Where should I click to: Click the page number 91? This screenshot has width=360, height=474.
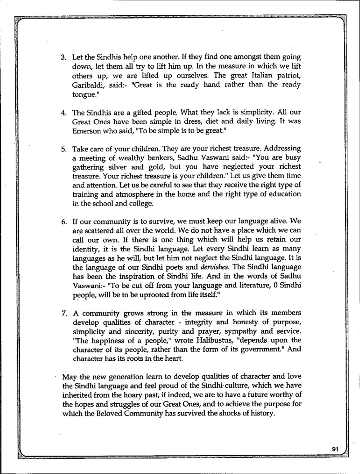pyautogui.click(x=334, y=449)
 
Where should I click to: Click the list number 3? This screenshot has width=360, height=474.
pyautogui.click(x=63, y=58)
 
